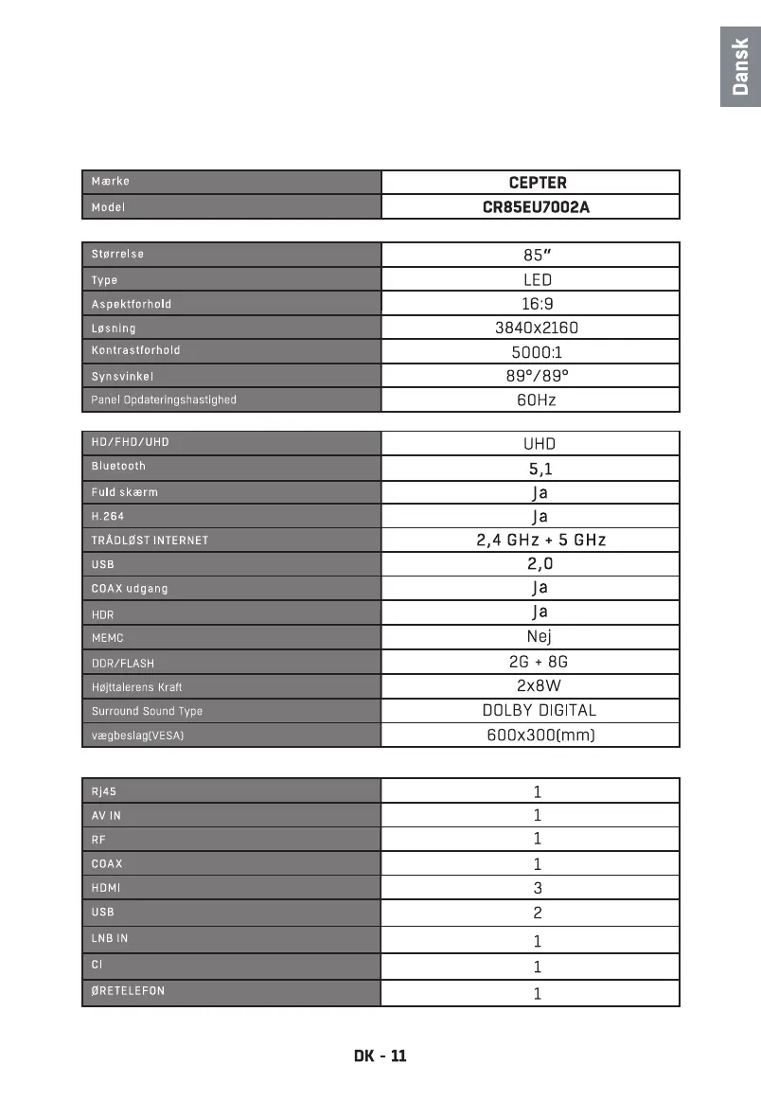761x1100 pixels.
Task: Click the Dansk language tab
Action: coord(740,67)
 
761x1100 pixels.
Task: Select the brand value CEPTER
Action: coord(537,183)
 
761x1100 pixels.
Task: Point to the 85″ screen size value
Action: coord(537,255)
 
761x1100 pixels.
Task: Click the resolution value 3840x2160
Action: coord(537,328)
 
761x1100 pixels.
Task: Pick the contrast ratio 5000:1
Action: coord(537,351)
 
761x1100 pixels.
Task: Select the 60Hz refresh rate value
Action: coord(537,399)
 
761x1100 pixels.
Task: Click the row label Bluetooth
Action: coord(118,466)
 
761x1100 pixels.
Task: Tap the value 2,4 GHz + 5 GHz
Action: coord(540,541)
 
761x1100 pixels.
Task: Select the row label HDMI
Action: coord(106,888)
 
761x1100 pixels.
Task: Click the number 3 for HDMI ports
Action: coord(538,888)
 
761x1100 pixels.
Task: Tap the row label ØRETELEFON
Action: coord(128,991)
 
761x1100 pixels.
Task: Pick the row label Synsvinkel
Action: coord(122,377)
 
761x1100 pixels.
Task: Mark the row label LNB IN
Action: coord(110,938)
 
